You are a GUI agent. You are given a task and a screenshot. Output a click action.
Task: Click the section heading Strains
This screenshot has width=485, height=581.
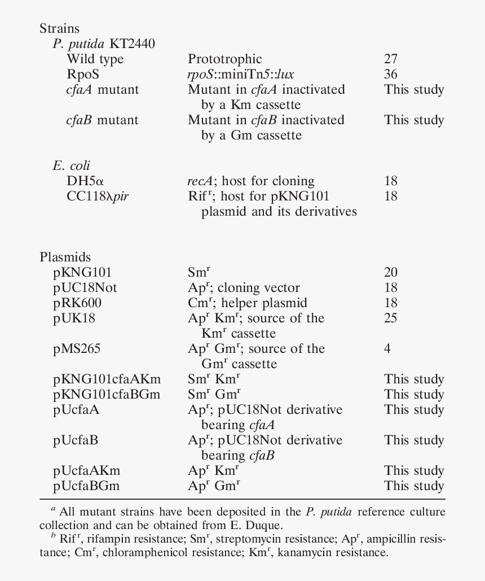click(59, 29)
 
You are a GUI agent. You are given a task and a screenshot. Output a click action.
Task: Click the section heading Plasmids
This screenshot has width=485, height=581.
click(65, 257)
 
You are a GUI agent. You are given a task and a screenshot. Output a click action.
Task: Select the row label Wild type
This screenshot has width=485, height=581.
click(95, 59)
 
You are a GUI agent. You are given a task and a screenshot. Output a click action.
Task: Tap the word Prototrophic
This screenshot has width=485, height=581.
click(224, 59)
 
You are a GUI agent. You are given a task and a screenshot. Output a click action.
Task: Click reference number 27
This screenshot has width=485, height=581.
click(391, 59)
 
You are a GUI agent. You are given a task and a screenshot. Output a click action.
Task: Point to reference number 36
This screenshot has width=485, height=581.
click(391, 75)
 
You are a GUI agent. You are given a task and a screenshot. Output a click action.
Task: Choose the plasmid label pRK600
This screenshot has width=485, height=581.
click(77, 303)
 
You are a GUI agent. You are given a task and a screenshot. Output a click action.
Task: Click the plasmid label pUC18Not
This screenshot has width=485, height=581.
click(85, 288)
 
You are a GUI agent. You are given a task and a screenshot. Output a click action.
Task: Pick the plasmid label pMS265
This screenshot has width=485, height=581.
click(77, 349)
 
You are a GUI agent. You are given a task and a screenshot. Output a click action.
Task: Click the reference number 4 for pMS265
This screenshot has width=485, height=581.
click(387, 349)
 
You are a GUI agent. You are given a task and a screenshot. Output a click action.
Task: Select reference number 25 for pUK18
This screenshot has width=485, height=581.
click(391, 318)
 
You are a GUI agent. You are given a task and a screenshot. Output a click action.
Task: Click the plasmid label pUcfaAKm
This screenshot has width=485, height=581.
click(87, 471)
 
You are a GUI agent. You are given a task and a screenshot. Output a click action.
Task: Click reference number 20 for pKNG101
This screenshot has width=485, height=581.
click(391, 273)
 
